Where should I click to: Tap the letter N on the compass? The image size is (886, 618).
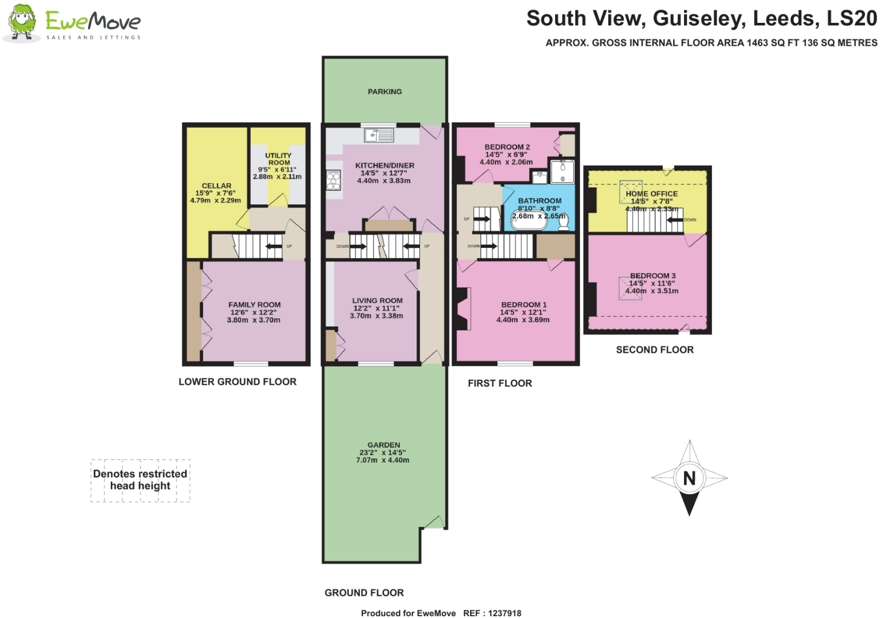coord(690,478)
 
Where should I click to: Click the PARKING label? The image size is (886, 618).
coord(385,92)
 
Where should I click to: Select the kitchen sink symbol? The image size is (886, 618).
coord(379,135)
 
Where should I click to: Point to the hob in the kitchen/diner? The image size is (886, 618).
coord(333,180)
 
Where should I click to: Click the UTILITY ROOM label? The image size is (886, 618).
coord(278,159)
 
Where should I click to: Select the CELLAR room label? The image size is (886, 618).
coord(216,186)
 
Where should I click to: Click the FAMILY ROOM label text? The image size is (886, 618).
coord(254,304)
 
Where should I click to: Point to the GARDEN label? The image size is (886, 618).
coord(384,445)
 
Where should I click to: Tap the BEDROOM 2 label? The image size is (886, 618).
coord(507,147)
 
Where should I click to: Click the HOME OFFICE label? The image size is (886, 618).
coord(652,194)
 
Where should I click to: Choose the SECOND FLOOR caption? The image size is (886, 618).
coord(655,350)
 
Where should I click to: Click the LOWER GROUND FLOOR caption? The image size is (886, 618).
coord(237,382)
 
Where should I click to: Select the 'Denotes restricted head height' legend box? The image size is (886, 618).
coord(140,481)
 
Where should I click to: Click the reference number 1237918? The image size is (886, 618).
coord(504,613)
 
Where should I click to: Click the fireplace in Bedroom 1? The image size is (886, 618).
coord(462,308)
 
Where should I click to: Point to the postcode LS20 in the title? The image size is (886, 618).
coord(852,18)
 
